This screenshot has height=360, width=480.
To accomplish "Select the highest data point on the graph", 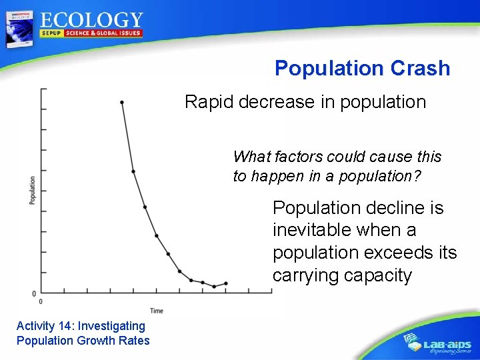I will [121, 102].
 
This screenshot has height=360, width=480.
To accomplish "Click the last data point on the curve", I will [226, 283].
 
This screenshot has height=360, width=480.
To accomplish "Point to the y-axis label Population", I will [32, 191].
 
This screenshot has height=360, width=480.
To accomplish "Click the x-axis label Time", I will [157, 311].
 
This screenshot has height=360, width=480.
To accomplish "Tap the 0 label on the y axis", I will [33, 294].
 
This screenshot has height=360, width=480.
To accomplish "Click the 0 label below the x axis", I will [41, 303].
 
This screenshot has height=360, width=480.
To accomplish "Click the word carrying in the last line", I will [306, 275].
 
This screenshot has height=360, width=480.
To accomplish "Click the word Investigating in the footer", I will [111, 326].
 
